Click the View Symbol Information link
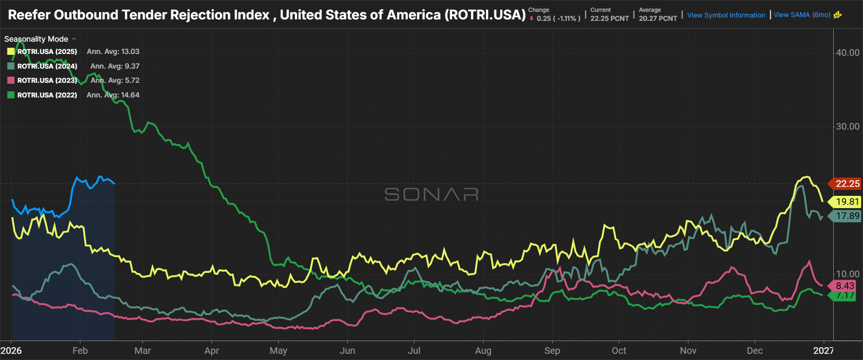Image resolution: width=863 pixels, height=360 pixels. pyautogui.click(x=726, y=15)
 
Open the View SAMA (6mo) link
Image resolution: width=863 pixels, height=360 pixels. pyautogui.click(x=802, y=15)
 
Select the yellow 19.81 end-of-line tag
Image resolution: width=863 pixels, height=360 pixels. pyautogui.click(x=845, y=202)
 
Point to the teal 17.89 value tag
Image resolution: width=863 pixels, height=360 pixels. pyautogui.click(x=845, y=216)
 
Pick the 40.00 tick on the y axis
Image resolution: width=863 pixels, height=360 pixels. pyautogui.click(x=847, y=53)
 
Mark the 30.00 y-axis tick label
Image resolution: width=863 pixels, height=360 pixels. pyautogui.click(x=847, y=126)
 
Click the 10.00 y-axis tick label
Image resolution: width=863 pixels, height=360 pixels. pyautogui.click(x=847, y=274)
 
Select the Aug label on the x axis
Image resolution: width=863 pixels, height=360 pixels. pyautogui.click(x=483, y=351)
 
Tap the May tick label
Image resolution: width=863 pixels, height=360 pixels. pyautogui.click(x=278, y=351)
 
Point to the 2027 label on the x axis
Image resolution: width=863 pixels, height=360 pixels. pyautogui.click(x=823, y=351)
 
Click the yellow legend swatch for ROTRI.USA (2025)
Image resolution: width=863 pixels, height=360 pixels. pyautogui.click(x=11, y=52)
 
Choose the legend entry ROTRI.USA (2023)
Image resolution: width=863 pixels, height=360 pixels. pyautogui.click(x=47, y=80)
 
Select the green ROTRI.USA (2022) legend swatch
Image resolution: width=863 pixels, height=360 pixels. pyautogui.click(x=11, y=95)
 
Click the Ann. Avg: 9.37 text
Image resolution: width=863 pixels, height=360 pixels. pyautogui.click(x=114, y=66)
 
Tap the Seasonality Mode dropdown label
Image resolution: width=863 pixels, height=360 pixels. pyautogui.click(x=36, y=39)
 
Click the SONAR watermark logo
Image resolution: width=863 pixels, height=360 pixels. pyautogui.click(x=431, y=194)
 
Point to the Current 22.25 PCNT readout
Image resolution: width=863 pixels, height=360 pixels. pyautogui.click(x=609, y=15)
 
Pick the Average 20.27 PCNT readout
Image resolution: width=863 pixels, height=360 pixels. pyautogui.click(x=658, y=15)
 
